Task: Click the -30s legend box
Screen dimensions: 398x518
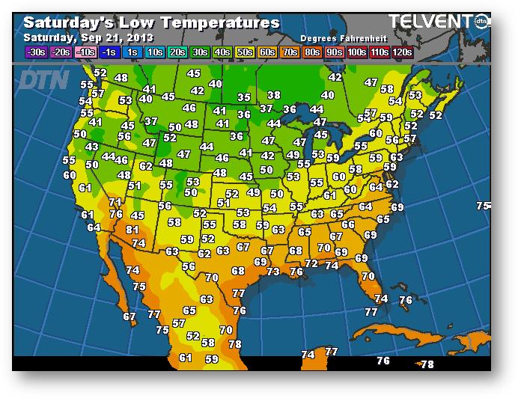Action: (35, 52)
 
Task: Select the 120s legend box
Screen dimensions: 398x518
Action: (402, 52)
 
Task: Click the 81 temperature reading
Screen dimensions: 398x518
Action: (132, 230)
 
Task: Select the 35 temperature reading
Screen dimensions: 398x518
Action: (244, 97)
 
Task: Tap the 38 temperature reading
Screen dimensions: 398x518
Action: (274, 95)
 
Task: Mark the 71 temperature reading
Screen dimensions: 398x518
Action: (115, 202)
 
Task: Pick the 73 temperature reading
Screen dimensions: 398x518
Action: (273, 272)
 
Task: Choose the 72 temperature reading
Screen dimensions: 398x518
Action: (311, 263)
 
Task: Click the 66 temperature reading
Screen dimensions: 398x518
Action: (348, 224)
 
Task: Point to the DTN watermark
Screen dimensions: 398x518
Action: (43, 80)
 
